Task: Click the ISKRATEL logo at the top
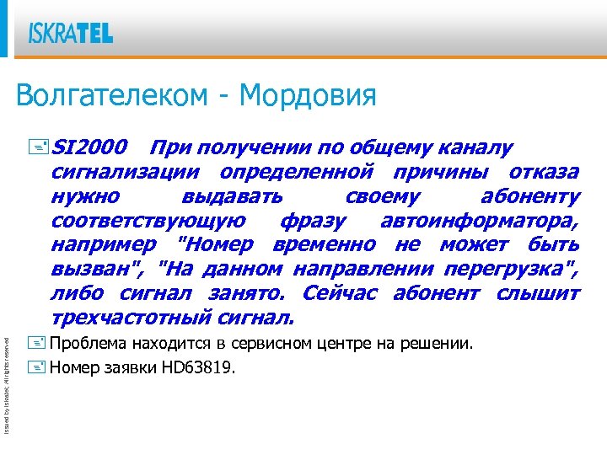point(71,33)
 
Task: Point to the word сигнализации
point(126,173)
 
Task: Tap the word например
point(103,246)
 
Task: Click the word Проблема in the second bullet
point(87,345)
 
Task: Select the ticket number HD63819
point(200,367)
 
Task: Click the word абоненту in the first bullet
point(529,197)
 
